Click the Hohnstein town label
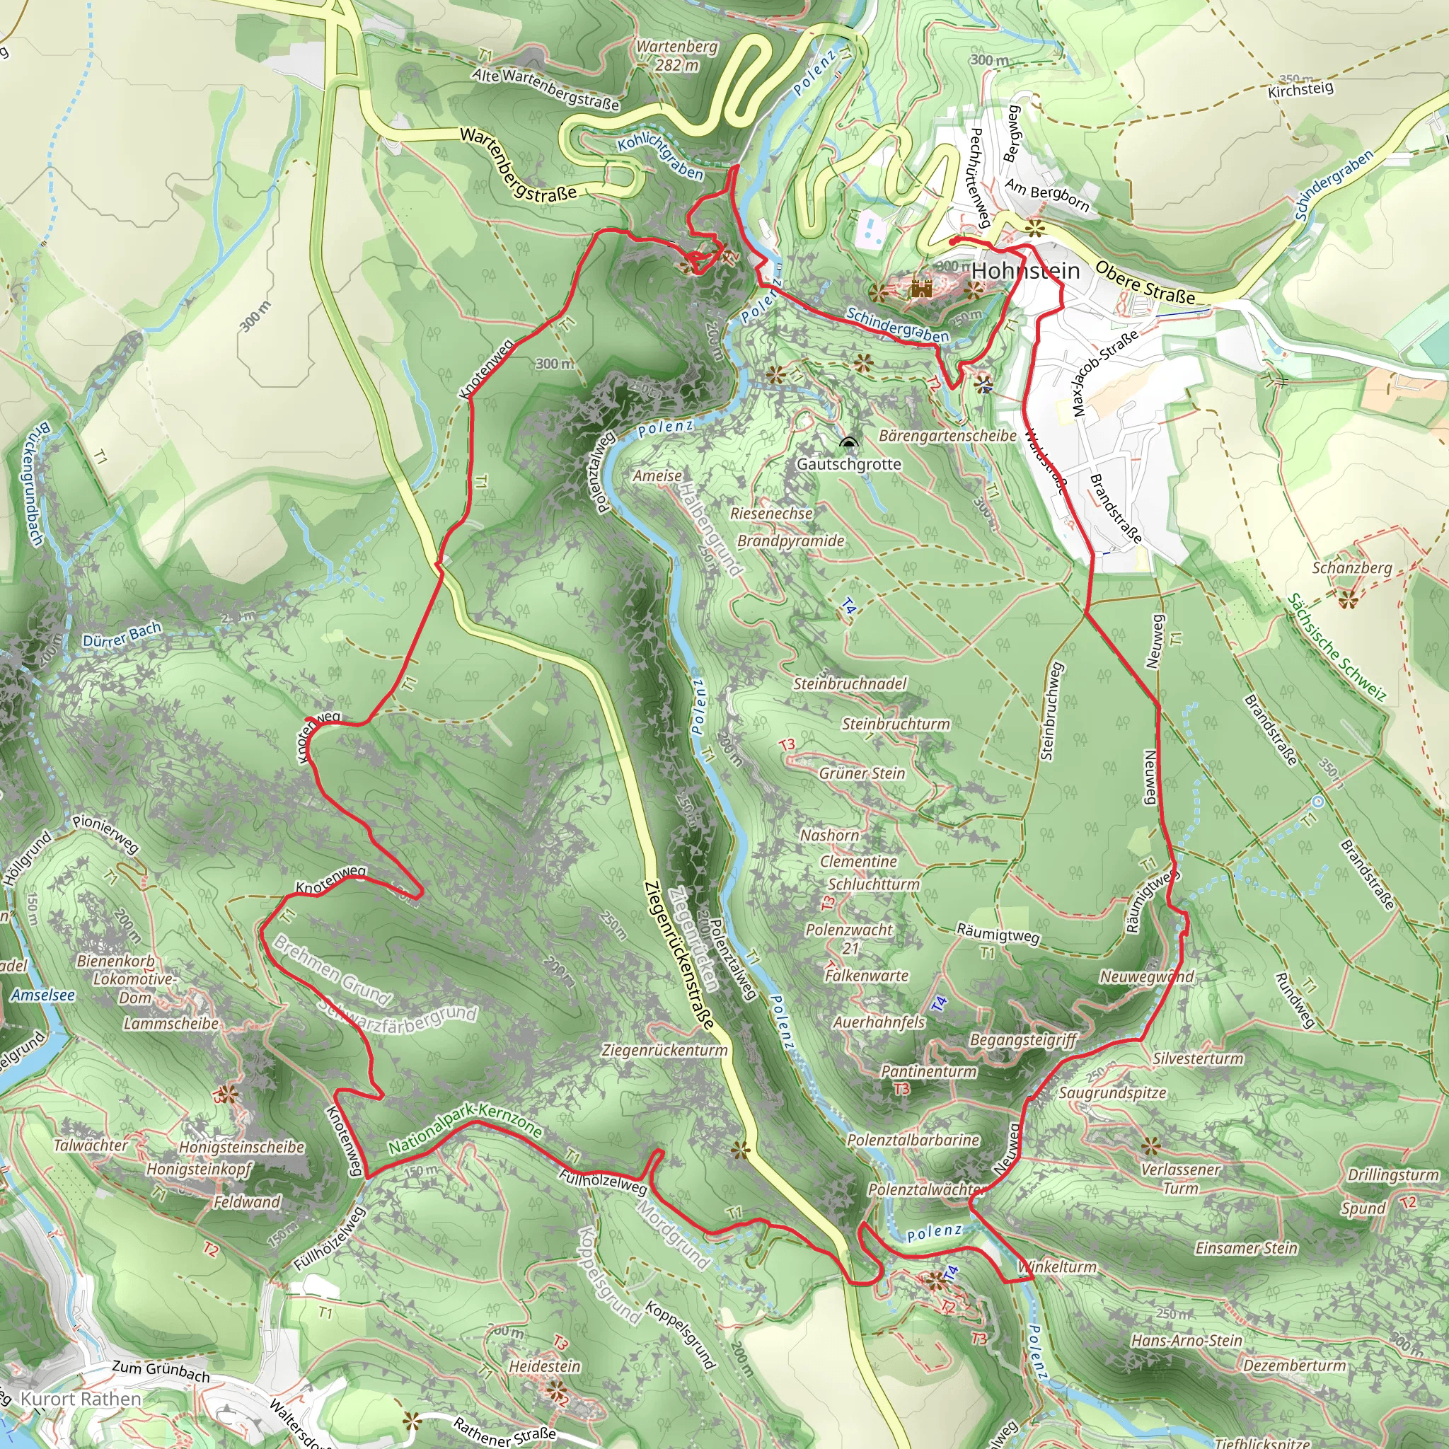1025,271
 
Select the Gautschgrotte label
848,463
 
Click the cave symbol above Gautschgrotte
848,443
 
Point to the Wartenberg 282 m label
677,55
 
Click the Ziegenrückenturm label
664,1050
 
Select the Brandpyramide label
790,541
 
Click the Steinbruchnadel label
850,683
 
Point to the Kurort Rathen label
80,1399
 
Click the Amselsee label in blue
42,995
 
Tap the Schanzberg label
1351,567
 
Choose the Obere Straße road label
1145,283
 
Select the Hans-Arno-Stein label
1187,1340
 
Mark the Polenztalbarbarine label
913,1140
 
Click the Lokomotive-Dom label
135,988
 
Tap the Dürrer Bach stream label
122,635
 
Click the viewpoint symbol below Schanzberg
1348,599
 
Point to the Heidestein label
545,1366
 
